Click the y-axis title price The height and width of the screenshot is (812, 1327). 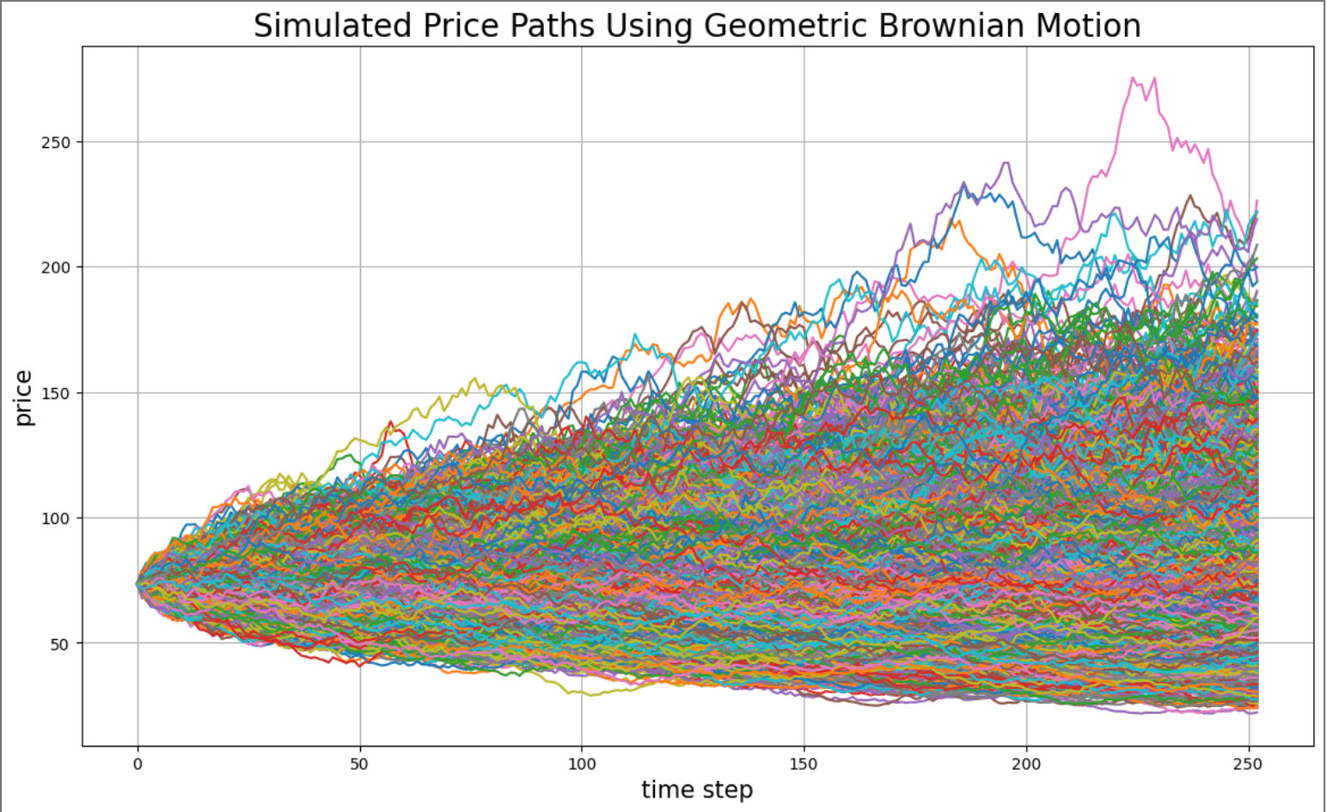coord(23,397)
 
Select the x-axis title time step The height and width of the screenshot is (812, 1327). coord(697,790)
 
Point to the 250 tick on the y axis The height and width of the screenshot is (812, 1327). coord(55,142)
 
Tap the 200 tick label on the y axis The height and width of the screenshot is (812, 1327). coord(55,268)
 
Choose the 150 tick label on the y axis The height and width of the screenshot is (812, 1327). coord(55,393)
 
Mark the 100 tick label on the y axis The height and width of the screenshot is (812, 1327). coord(55,518)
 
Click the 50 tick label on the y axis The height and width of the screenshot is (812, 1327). coord(58,643)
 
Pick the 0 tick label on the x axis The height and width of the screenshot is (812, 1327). coord(138,763)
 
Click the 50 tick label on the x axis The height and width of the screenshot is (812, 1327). coord(359,763)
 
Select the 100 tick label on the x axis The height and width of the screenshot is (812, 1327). coord(582,763)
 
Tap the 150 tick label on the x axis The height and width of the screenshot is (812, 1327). coord(804,763)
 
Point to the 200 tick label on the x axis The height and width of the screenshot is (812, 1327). coord(1026,763)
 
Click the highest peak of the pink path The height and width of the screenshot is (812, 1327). coord(1133,77)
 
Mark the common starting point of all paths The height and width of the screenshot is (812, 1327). coord(138,583)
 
